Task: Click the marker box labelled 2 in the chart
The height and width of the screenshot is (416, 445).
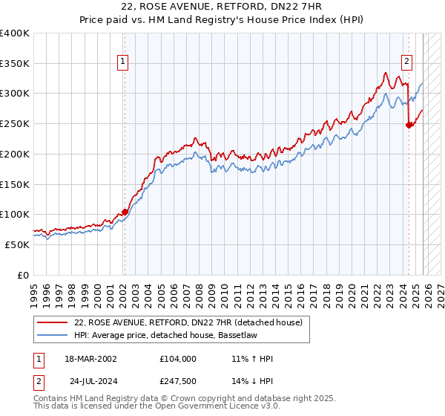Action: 407,62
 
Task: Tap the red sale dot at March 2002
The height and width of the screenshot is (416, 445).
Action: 125,212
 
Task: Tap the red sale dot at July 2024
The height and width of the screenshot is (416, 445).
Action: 409,125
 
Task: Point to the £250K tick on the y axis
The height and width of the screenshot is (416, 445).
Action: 15,123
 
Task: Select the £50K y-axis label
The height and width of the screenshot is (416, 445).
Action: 17,244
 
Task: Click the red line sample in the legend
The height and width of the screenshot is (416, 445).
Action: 53,323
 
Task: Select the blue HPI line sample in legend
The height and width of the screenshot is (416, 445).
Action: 53,336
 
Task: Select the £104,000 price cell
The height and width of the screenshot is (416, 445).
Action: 178,359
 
